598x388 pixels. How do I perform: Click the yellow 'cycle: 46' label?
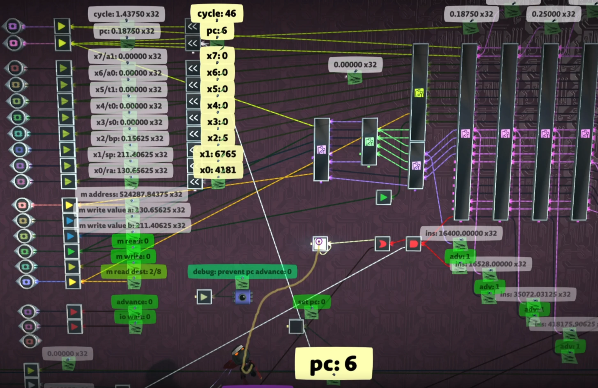click(x=217, y=13)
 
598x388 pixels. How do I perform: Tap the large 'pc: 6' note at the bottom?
click(x=333, y=363)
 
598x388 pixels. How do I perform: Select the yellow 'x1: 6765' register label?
click(x=218, y=154)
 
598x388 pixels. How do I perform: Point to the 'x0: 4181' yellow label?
click(x=218, y=170)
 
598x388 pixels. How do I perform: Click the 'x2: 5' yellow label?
click(x=218, y=138)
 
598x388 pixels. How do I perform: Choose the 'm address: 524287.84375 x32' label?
click(x=131, y=194)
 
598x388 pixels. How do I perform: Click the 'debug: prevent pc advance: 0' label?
click(x=242, y=271)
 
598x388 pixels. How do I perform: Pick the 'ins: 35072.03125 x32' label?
click(x=535, y=294)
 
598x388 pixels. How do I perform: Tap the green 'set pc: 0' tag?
click(x=312, y=302)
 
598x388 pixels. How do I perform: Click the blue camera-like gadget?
click(x=242, y=297)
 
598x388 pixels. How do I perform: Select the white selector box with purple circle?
click(x=320, y=243)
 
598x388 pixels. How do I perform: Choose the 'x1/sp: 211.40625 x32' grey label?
click(x=130, y=155)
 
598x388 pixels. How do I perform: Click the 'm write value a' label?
click(x=132, y=210)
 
